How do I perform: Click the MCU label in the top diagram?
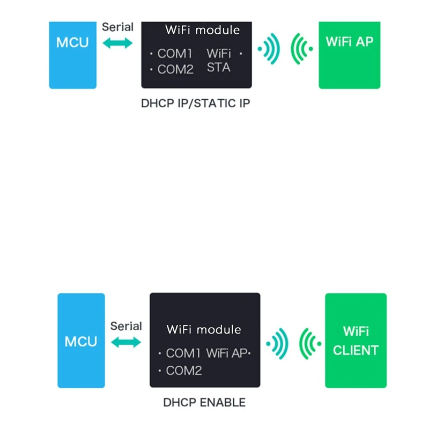point(72,42)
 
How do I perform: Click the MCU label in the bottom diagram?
point(81,342)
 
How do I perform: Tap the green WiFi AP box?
point(349,55)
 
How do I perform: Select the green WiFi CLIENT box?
point(356,341)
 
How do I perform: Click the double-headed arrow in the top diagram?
point(117,44)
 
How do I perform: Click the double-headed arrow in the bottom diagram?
point(126,342)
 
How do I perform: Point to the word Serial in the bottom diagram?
point(126,326)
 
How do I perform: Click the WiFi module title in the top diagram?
point(202,30)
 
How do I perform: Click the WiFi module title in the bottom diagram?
point(204,329)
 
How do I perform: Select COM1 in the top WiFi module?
point(175,54)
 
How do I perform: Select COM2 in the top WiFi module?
point(175,70)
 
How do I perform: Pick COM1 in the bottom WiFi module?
point(183,353)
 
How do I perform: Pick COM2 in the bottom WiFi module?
point(183,371)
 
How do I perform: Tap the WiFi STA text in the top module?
point(219,60)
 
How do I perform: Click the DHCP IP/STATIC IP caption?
point(195,103)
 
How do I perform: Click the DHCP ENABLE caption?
point(204,402)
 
